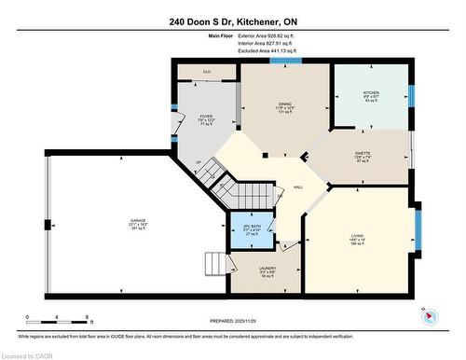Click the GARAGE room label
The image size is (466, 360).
tap(137, 221)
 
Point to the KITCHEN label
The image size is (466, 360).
tap(370, 93)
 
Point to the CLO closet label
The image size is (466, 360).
tap(207, 71)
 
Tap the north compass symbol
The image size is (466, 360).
tap(428, 315)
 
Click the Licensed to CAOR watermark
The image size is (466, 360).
tap(28, 354)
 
